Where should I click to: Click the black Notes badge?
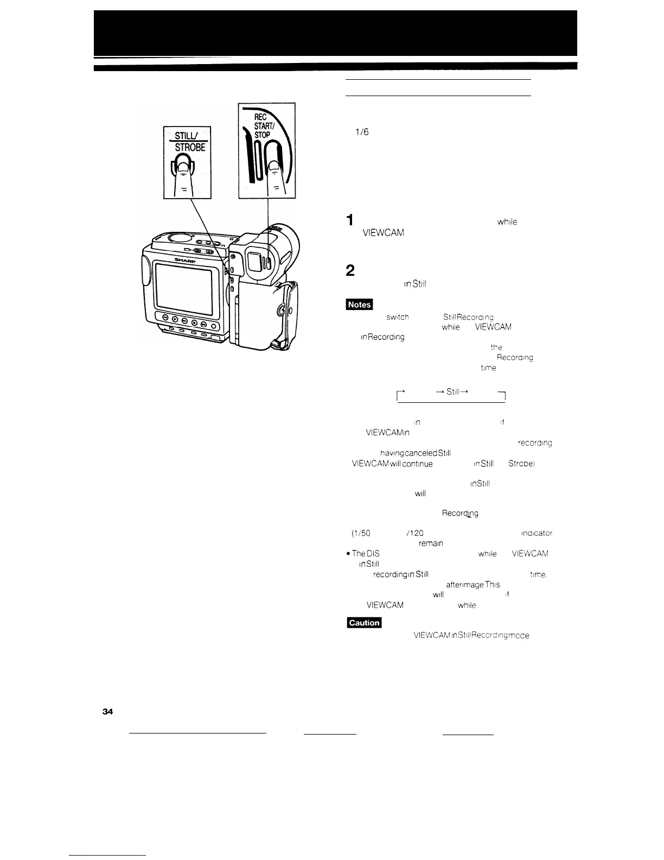360,305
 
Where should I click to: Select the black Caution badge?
364,622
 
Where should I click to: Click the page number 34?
107,713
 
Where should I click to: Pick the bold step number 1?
350,220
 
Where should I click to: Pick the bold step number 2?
350,270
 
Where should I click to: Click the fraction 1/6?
362,132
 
